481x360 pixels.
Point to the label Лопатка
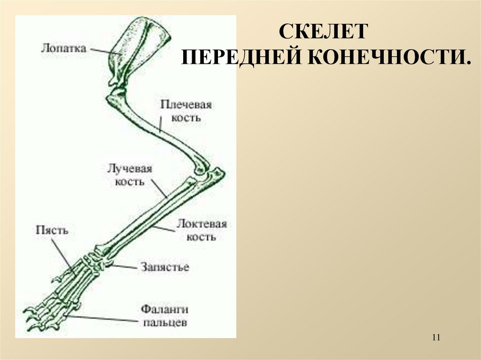click(63, 48)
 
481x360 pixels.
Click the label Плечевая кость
click(186, 111)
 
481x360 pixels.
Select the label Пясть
click(52, 230)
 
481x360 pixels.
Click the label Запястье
click(164, 268)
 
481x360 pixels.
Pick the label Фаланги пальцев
click(165, 316)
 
